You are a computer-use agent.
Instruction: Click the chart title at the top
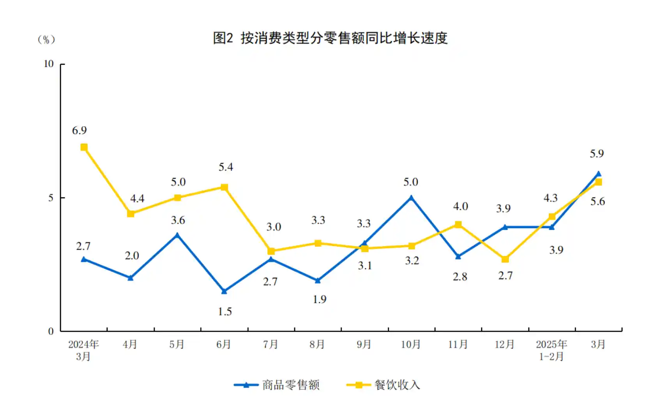(x=330, y=38)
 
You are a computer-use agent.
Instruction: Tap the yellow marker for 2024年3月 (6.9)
(x=84, y=147)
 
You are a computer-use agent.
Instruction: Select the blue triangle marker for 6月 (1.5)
(x=224, y=291)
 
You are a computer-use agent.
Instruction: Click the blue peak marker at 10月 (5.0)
(x=411, y=198)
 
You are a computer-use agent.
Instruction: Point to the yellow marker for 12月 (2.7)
(x=505, y=259)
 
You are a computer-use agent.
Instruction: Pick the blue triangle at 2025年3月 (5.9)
(x=598, y=174)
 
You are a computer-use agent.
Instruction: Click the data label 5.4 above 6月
(x=226, y=167)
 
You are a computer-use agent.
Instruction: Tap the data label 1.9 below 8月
(x=319, y=299)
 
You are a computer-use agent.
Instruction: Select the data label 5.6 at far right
(x=598, y=201)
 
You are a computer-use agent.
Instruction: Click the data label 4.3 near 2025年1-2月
(x=550, y=198)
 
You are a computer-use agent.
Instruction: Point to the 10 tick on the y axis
(x=49, y=64)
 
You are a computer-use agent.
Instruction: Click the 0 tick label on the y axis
(x=51, y=331)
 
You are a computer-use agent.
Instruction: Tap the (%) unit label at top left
(x=46, y=39)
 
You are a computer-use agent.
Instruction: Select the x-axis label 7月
(x=270, y=344)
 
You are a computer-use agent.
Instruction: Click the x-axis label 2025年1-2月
(x=551, y=350)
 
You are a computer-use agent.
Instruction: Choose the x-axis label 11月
(x=458, y=344)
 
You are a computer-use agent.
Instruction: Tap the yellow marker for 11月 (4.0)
(x=458, y=225)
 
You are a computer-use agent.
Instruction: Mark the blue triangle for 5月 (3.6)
(x=177, y=235)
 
